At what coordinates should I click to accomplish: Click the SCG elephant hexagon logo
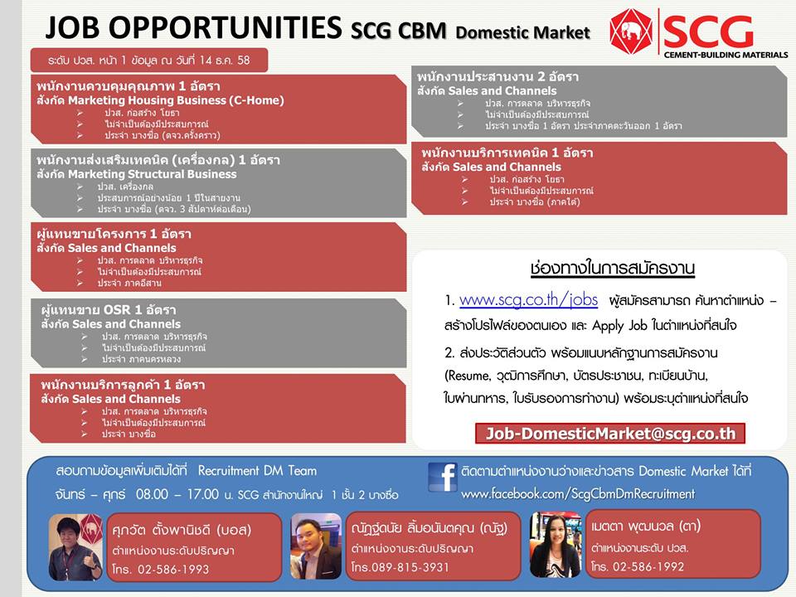[632, 30]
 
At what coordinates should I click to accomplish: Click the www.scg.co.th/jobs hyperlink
[528, 300]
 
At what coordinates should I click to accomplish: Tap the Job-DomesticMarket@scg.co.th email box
[610, 434]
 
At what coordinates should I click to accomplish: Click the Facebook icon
[443, 477]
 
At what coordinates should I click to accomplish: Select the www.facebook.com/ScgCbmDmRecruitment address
[578, 494]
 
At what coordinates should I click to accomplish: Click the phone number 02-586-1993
[173, 569]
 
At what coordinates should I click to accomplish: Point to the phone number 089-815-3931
[410, 567]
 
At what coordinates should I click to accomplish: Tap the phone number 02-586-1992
[648, 566]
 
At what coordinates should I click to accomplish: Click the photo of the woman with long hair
[555, 544]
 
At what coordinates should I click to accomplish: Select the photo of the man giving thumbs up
[75, 546]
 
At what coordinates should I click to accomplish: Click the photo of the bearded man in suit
[316, 546]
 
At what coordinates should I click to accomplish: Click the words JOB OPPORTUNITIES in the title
[193, 27]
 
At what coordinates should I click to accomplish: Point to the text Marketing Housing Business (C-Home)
[176, 100]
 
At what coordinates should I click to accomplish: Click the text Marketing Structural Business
[153, 174]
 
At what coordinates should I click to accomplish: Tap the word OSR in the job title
[117, 309]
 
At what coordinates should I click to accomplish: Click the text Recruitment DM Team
[257, 471]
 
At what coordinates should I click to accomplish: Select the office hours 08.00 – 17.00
[177, 494]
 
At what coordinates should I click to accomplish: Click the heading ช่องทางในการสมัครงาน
[612, 268]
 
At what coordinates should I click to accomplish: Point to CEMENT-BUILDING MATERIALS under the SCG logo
[726, 55]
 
